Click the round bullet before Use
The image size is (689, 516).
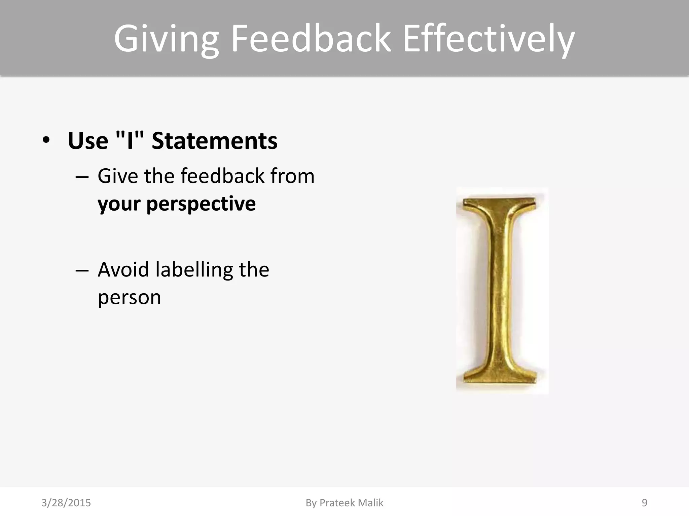[46, 140]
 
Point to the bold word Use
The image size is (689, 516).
[88, 141]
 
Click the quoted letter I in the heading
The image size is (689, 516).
[130, 141]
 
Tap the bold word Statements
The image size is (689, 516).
[215, 141]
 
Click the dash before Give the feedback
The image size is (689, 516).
[82, 177]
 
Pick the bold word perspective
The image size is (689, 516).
[201, 204]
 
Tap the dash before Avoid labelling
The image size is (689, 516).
[82, 270]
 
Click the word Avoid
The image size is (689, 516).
[123, 270]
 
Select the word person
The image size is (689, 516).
[129, 298]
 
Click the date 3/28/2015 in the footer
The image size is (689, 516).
[66, 503]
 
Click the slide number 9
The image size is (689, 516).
[644, 503]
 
